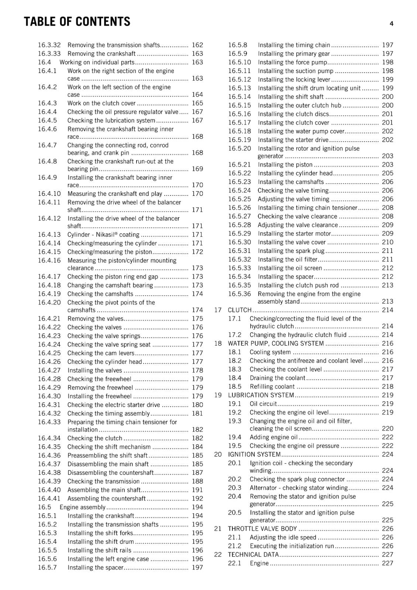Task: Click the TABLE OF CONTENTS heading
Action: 77,22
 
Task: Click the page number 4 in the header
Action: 391,24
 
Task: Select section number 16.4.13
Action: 49,235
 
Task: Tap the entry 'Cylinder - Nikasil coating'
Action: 103,235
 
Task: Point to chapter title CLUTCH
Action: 239,310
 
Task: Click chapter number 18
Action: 218,343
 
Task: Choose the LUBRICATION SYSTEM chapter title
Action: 261,395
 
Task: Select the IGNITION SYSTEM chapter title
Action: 254,454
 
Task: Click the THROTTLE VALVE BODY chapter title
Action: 262,529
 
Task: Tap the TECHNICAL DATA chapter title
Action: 253,555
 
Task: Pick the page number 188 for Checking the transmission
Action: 197,481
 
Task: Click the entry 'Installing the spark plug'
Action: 291,251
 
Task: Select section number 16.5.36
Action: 239,294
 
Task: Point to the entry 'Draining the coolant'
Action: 278,378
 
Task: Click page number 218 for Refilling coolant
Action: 387,386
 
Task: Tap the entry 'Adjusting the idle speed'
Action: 283,537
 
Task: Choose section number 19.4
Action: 235,437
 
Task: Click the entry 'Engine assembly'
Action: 83,507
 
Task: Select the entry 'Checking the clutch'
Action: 95,438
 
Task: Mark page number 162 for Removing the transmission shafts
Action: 197,45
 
